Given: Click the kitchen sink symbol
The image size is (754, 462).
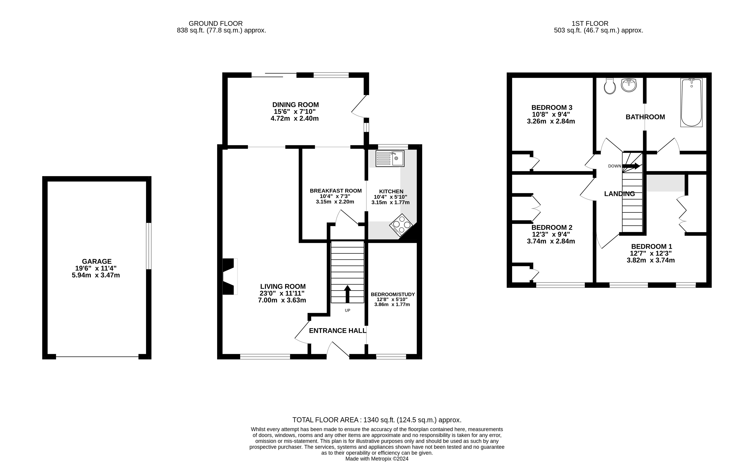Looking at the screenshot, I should click(390, 158).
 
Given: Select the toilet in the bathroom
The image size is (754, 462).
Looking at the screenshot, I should click(610, 86).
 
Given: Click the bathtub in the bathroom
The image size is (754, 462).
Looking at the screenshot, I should click(691, 102).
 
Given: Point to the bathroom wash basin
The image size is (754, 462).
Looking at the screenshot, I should click(628, 85).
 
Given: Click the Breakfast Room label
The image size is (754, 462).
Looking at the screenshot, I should click(335, 191).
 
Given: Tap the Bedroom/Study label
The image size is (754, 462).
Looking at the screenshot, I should click(393, 294).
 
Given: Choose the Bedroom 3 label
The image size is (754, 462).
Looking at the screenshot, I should click(551, 108).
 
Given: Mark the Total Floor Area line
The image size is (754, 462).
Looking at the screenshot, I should click(377, 420).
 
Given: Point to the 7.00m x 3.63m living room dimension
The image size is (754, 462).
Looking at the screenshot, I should click(282, 300).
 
